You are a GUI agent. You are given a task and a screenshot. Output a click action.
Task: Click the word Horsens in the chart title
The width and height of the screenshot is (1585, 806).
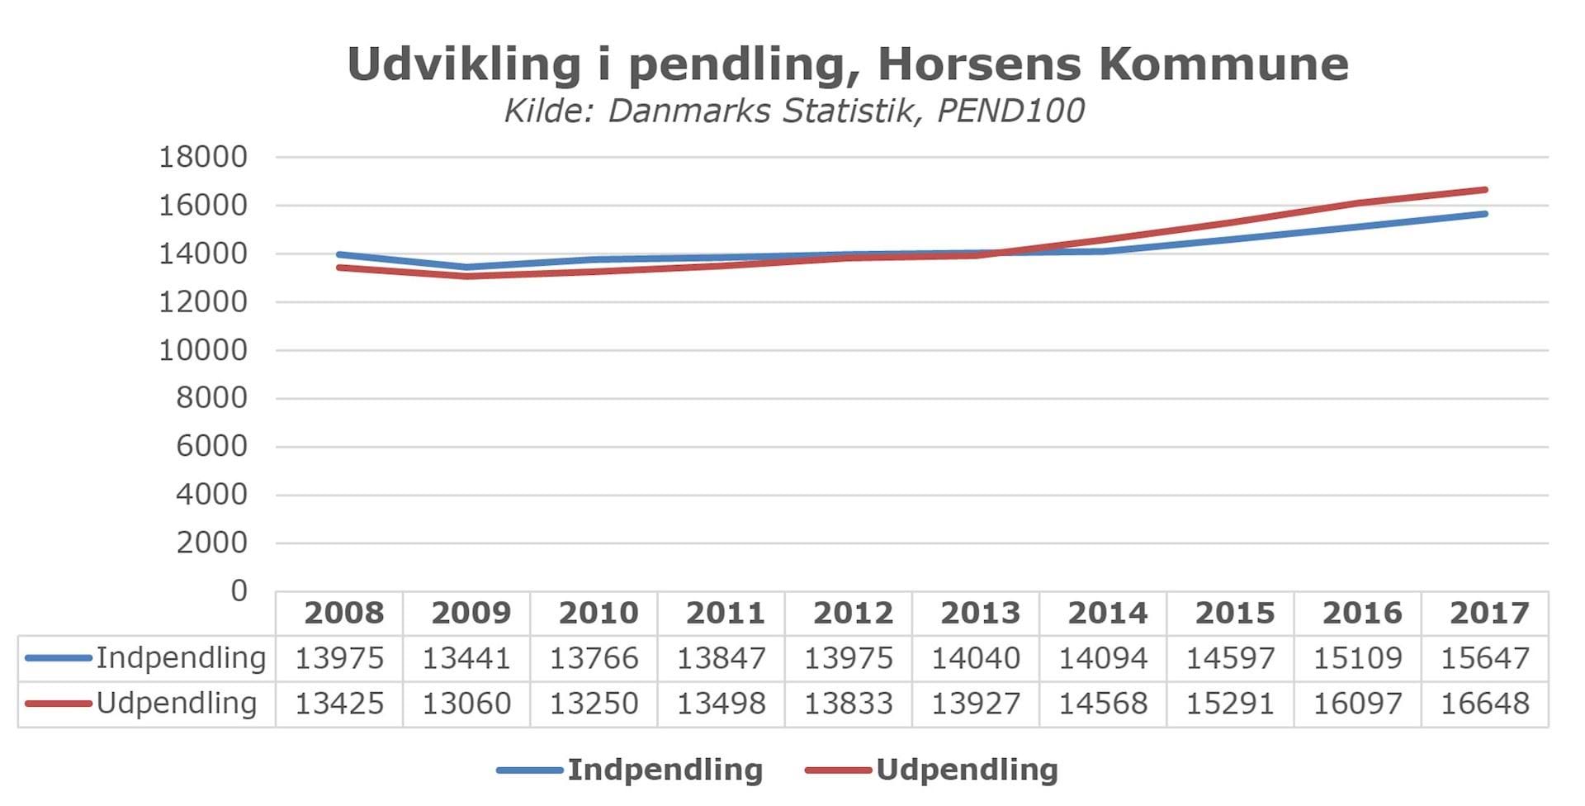click(x=979, y=64)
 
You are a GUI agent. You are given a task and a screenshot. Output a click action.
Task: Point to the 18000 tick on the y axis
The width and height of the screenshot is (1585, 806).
click(x=203, y=157)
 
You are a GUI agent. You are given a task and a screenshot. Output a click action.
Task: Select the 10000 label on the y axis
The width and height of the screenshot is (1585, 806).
click(x=203, y=350)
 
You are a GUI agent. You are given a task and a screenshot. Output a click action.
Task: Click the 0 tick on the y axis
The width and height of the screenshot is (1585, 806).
click(x=239, y=591)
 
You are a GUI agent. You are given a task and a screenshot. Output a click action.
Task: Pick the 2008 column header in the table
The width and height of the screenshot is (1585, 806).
click(x=343, y=614)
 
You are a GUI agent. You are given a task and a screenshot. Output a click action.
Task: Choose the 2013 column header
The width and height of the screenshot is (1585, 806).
click(x=980, y=614)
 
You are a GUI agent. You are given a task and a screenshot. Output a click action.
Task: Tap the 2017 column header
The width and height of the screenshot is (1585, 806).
click(x=1489, y=614)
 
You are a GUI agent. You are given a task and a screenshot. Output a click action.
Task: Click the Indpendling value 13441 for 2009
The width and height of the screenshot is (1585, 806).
click(x=466, y=659)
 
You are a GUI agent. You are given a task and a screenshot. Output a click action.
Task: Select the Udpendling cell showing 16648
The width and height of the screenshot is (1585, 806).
click(x=1484, y=704)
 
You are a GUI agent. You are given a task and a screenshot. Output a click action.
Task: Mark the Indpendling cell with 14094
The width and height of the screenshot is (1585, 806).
click(x=1103, y=659)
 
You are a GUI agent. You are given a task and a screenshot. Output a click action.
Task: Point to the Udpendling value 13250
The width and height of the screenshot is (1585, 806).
click(x=594, y=704)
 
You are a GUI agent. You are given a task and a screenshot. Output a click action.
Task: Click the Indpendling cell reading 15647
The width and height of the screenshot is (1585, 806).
click(x=1484, y=659)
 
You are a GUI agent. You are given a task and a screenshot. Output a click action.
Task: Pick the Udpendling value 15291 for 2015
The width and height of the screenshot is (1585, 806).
click(x=1230, y=704)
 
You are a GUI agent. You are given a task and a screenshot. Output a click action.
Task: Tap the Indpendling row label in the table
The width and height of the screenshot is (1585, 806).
click(x=181, y=658)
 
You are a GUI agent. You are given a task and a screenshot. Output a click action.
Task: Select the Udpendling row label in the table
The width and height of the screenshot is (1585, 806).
click(x=177, y=704)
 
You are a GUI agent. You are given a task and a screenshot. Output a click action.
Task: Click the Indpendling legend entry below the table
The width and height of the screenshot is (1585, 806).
click(x=665, y=770)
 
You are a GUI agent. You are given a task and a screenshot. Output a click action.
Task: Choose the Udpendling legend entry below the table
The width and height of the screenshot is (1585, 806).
click(x=967, y=770)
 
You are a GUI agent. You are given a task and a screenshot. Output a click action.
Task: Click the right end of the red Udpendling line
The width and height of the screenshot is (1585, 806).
click(x=1484, y=191)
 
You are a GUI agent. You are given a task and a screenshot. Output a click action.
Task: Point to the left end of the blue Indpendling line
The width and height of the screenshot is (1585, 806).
click(x=340, y=255)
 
